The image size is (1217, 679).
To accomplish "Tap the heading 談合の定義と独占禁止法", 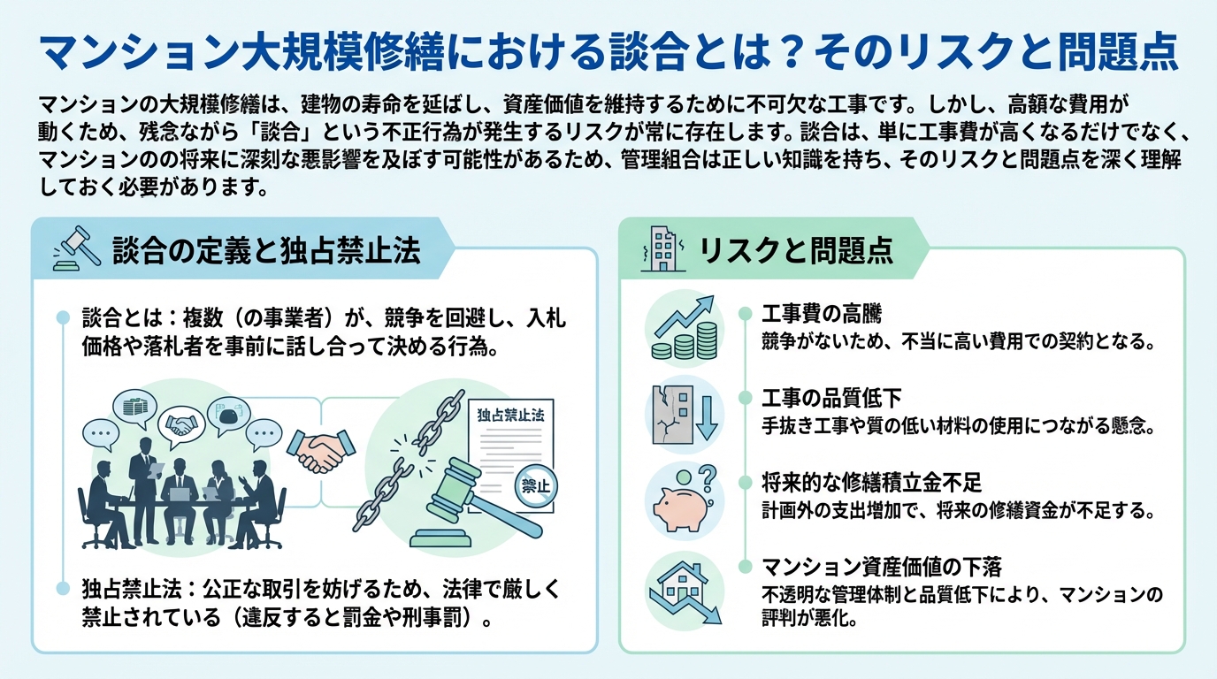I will coord(266,251).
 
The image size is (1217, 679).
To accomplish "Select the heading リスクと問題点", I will coord(796,251).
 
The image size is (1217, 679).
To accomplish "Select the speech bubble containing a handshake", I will coord(180,423).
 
